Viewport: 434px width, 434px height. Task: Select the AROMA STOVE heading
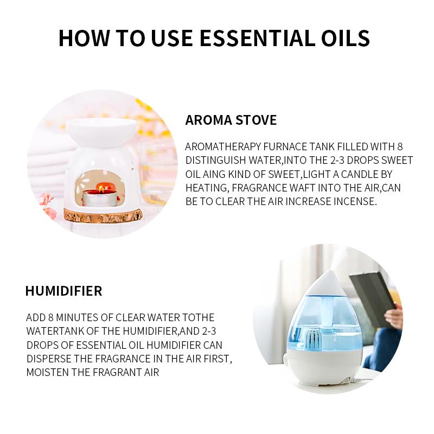coord(231,120)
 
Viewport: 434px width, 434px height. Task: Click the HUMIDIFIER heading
coord(63,291)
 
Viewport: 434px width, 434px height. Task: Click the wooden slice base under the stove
coord(103,215)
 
